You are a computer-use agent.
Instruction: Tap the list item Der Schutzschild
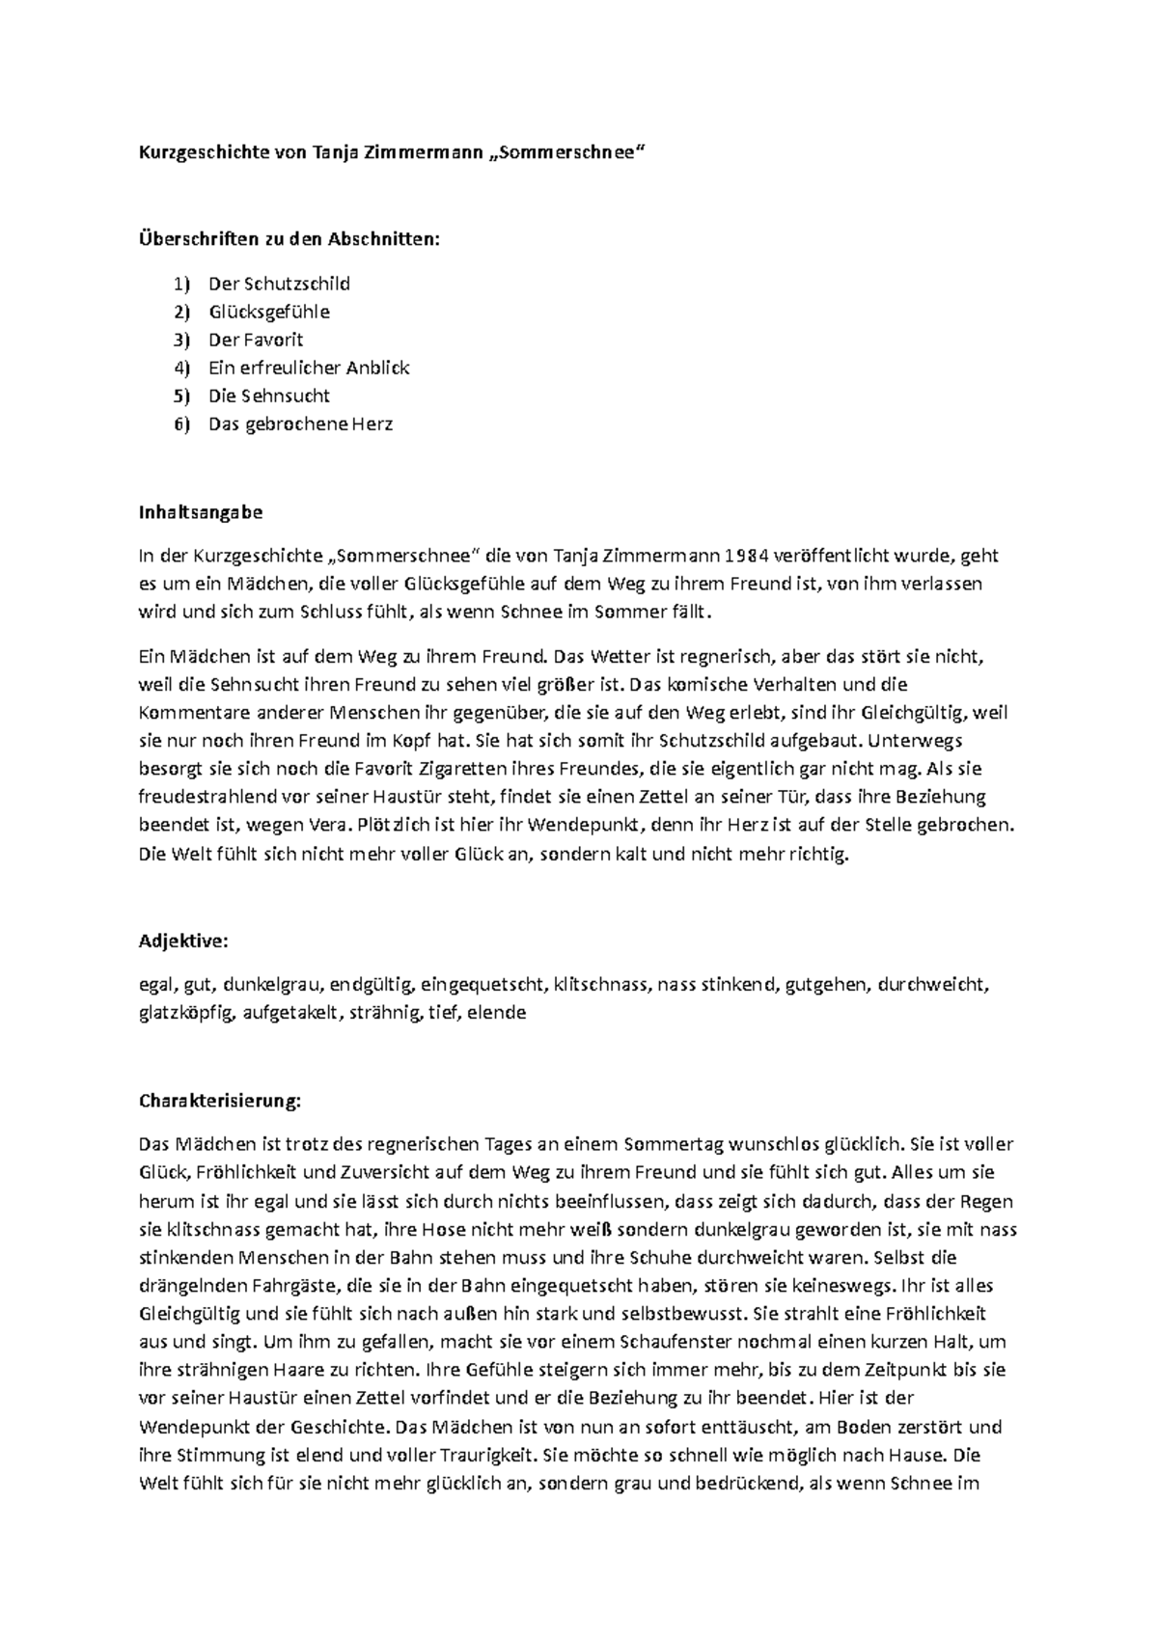coord(279,284)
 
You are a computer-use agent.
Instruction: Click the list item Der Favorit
coord(256,340)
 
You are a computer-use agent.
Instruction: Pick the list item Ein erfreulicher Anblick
coord(309,368)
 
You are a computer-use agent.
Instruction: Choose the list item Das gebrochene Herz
coord(300,423)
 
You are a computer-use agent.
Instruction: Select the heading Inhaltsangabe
coord(201,513)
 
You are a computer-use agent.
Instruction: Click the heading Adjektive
coord(184,942)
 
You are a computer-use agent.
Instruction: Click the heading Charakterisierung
coord(220,1101)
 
